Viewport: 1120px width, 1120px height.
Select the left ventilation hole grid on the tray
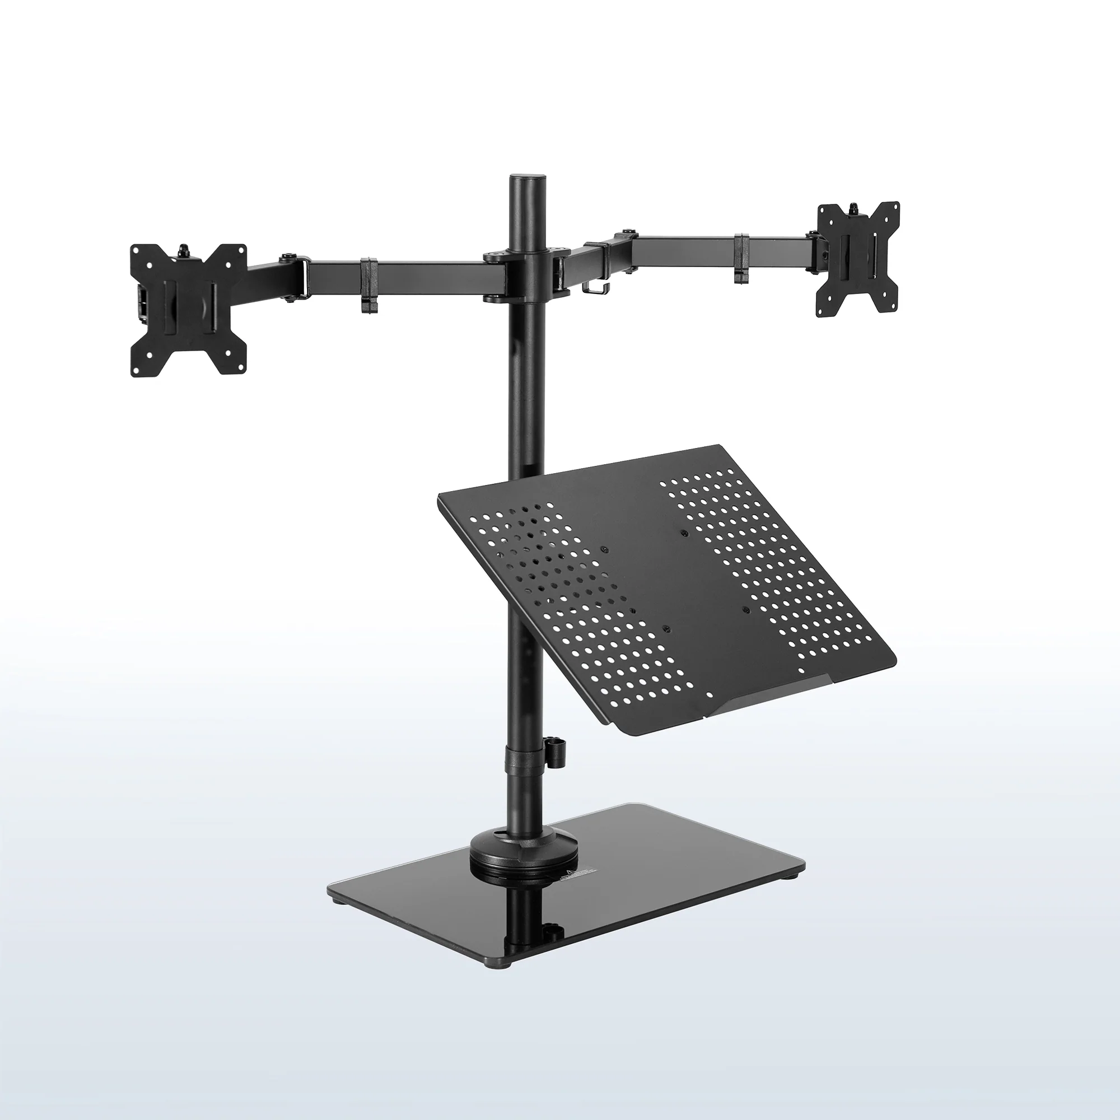574,603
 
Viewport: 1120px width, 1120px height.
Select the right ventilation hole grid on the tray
765,568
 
